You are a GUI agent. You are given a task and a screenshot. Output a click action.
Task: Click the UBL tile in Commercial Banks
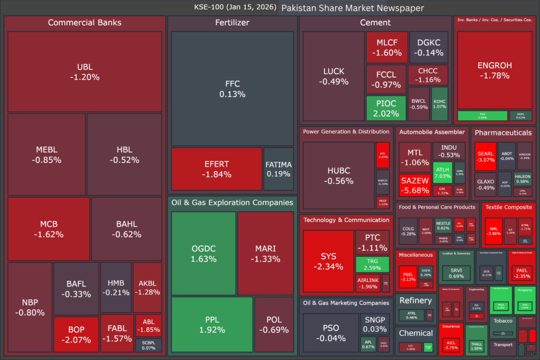pos(84,72)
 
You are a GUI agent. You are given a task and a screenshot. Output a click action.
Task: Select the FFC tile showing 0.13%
pos(232,89)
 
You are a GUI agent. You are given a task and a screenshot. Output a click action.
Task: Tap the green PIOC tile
pos(386,108)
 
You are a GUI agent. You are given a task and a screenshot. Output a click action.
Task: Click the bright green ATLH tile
pos(442,172)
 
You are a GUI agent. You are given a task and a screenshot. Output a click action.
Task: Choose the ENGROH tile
pos(494,70)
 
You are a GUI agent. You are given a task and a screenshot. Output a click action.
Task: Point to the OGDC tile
pos(204,253)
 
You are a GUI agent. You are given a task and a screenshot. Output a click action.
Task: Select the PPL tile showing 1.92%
pos(211,324)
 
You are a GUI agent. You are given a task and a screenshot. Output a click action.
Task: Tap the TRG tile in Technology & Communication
pos(372,264)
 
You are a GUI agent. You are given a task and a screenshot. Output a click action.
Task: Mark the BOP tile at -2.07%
pos(76,334)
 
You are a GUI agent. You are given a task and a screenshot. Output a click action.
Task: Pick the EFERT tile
pos(216,169)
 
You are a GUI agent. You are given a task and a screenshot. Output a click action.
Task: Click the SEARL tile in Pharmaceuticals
pos(485,157)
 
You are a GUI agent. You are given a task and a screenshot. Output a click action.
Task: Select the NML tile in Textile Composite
pos(494,231)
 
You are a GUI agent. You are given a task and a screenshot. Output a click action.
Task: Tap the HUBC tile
pos(339,176)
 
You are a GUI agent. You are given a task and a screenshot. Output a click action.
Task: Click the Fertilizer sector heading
pos(232,23)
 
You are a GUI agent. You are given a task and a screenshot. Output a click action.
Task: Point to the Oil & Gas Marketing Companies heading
pos(345,303)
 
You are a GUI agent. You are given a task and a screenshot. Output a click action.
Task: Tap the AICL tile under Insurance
pos(451,344)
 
